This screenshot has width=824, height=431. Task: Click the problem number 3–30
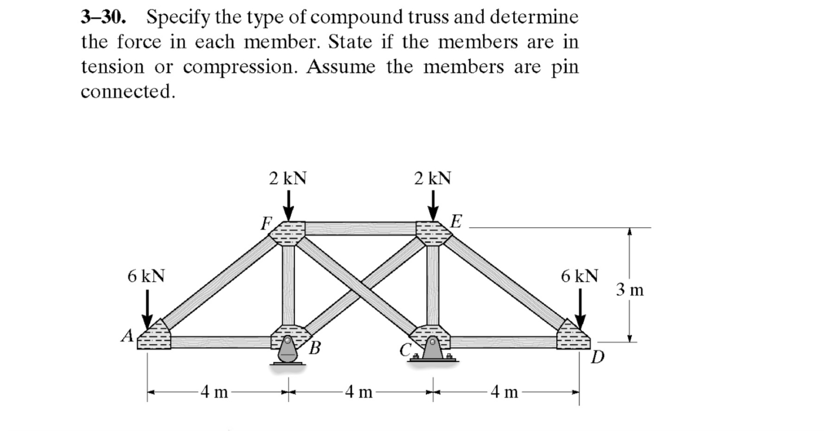click(103, 17)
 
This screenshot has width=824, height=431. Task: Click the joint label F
click(266, 224)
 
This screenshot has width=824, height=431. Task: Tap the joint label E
click(456, 221)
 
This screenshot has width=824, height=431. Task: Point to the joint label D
click(598, 358)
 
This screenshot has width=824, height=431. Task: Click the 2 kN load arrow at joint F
click(289, 206)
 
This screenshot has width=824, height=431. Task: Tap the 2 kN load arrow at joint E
click(433, 206)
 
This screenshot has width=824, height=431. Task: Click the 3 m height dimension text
click(630, 290)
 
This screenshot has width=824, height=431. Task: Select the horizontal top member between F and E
click(360, 228)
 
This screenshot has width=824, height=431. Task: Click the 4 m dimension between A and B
click(215, 391)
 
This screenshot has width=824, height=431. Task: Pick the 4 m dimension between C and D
click(504, 391)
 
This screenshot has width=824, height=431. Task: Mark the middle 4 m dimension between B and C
click(359, 391)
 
